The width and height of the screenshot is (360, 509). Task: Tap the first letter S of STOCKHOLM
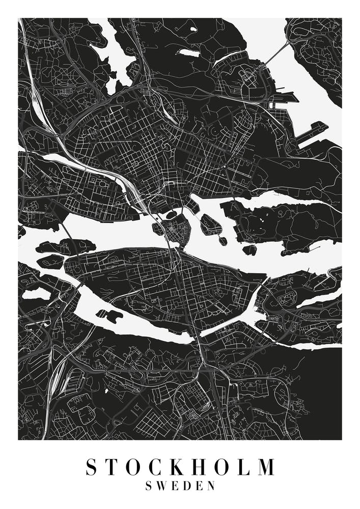tap(91, 467)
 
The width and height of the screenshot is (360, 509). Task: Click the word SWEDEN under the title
tap(180, 486)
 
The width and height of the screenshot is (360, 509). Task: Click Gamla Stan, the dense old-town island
tap(179, 232)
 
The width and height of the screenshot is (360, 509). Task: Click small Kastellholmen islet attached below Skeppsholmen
tap(223, 240)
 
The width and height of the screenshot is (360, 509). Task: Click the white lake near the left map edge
tap(36, 294)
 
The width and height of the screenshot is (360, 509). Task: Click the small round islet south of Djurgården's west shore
tap(250, 249)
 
